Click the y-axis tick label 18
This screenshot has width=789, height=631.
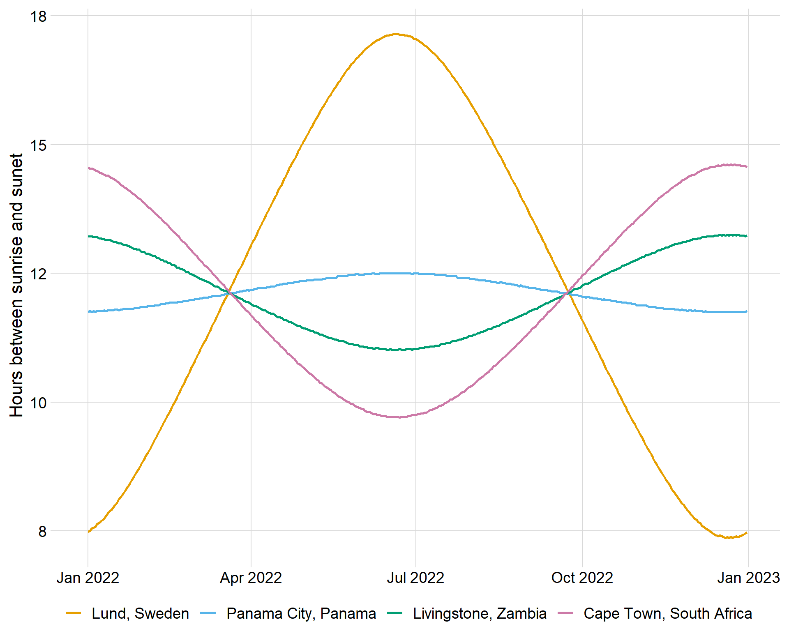(39, 16)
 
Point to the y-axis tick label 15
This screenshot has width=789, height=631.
(39, 145)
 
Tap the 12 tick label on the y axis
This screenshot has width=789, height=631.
(39, 274)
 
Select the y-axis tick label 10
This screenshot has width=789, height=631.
(39, 403)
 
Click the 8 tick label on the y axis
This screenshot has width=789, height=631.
(42, 532)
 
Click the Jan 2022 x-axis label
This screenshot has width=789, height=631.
(88, 578)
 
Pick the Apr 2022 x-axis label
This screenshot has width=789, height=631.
(251, 578)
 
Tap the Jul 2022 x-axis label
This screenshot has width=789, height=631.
(415, 578)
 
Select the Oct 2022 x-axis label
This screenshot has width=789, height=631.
(582, 578)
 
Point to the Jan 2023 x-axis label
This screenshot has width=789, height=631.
(748, 578)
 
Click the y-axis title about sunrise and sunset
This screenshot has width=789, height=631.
(16, 286)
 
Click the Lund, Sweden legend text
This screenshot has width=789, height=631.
(140, 613)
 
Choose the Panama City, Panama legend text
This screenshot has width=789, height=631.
(301, 613)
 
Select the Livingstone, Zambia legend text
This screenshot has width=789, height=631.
(480, 613)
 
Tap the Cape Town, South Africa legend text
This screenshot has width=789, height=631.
(668, 613)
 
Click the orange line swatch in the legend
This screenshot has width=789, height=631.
(74, 613)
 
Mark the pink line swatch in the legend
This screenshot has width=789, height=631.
(565, 613)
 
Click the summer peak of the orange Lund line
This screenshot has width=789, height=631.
(396, 34)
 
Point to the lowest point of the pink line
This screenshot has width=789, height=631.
(399, 417)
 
